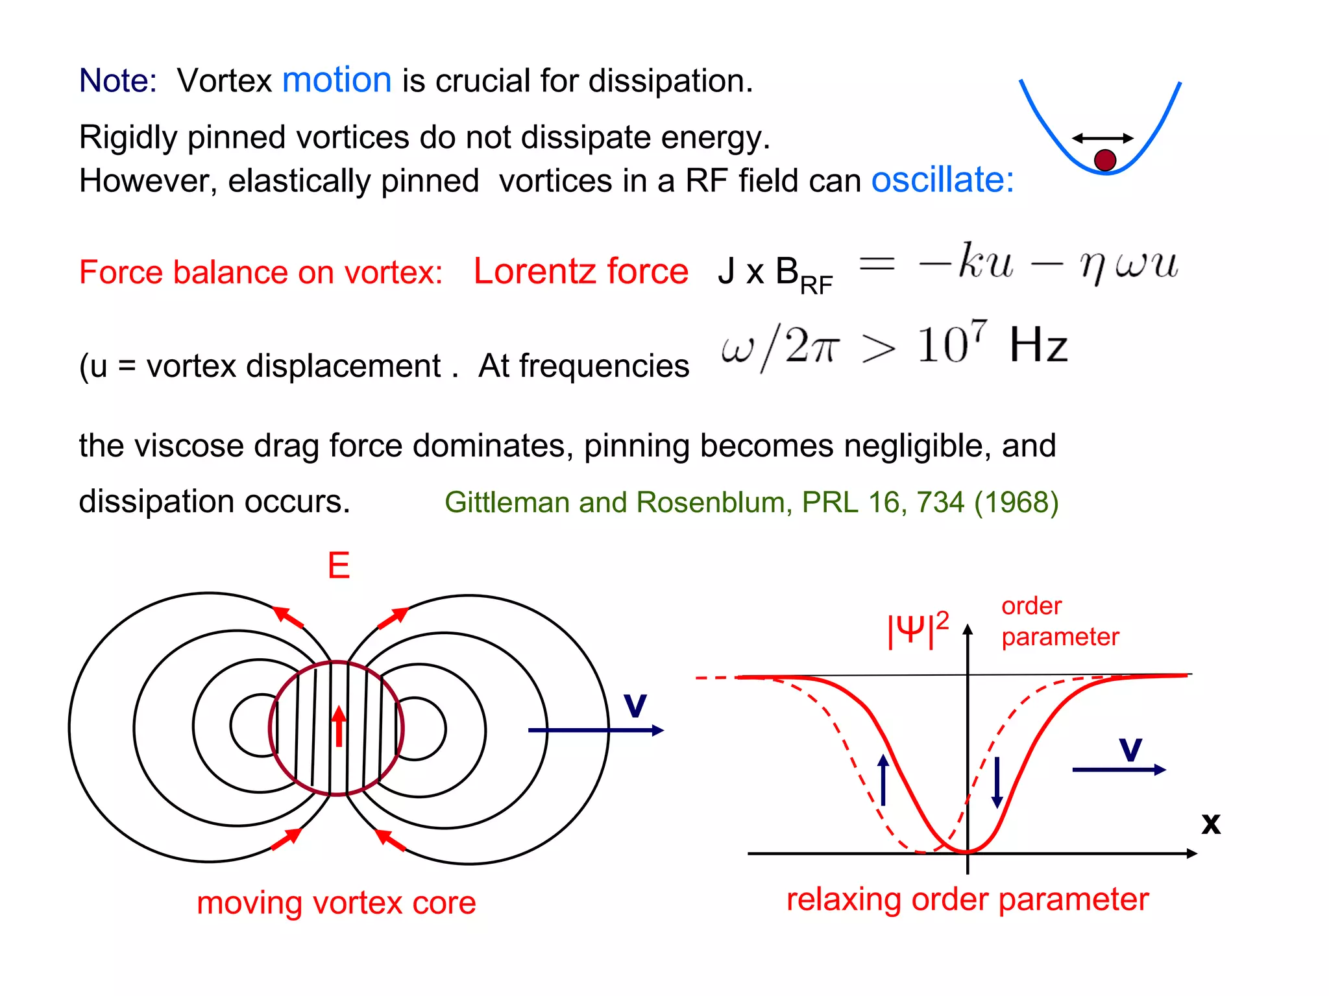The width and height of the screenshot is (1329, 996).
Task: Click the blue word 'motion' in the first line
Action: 337,80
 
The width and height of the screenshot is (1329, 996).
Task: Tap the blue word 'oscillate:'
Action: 942,180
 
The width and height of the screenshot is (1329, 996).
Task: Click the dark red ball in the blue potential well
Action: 1104,160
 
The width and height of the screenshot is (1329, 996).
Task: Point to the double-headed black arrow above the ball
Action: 1103,138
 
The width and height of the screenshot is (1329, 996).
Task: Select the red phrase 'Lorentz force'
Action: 580,271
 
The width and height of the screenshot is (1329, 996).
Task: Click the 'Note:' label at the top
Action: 117,81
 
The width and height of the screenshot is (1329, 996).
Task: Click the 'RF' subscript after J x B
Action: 816,285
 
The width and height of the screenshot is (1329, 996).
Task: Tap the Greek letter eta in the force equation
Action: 1092,266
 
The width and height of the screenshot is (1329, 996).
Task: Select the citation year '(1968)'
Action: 1016,503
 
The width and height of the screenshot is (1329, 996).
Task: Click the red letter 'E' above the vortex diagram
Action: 339,565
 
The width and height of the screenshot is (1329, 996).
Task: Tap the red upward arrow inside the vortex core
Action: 338,726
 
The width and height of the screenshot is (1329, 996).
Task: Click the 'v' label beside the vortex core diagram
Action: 635,705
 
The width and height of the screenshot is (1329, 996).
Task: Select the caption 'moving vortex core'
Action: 336,903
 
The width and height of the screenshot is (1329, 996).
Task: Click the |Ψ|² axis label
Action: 918,629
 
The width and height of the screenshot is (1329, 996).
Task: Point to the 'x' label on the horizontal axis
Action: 1210,824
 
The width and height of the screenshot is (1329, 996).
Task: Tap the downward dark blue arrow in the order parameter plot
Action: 997,782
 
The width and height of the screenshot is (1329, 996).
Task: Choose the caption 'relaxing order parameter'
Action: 967,899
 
